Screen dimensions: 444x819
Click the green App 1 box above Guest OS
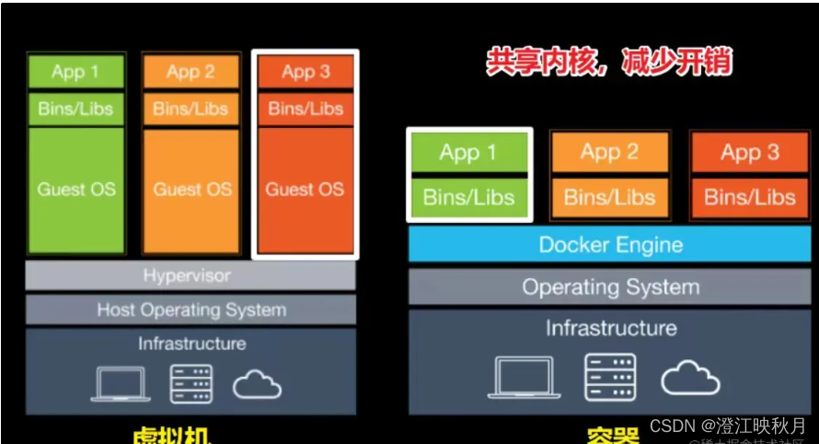pos(75,71)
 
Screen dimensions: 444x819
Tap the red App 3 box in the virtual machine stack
pos(305,71)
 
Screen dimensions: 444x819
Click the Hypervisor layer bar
pos(190,275)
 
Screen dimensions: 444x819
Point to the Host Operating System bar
pos(190,310)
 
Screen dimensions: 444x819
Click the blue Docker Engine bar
pos(610,245)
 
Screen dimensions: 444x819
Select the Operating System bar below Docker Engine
pos(610,286)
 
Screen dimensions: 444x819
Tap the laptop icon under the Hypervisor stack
pos(121,384)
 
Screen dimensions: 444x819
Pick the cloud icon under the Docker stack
pos(690,376)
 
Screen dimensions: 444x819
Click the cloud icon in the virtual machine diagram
pos(257,384)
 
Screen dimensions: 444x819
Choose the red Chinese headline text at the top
pos(609,62)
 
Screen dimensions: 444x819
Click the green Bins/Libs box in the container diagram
pos(469,197)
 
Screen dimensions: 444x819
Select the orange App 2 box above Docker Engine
pos(609,152)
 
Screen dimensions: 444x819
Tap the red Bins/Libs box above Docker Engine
pos(749,197)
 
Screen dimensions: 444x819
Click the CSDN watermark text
pos(727,425)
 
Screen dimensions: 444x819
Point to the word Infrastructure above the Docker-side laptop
pos(610,328)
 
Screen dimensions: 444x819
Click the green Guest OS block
pos(75,190)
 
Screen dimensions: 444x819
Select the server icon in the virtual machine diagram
pos(190,384)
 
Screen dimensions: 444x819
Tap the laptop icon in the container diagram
pos(523,377)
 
